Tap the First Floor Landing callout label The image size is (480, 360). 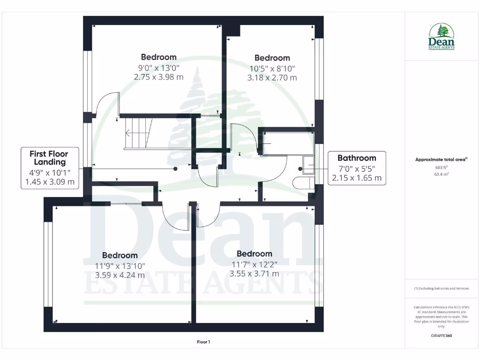point(49,158)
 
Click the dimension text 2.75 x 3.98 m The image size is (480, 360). point(158,77)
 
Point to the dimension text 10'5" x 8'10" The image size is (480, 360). point(272,68)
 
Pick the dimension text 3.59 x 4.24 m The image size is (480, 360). point(120,275)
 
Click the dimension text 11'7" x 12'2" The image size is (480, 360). point(254,264)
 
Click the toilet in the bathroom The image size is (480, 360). point(302,182)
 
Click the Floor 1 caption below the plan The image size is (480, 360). point(203,342)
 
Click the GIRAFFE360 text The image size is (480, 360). point(441,336)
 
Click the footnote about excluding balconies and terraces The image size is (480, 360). point(441,288)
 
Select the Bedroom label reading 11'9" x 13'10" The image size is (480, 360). point(120,255)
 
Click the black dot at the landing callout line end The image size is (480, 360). point(175,169)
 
